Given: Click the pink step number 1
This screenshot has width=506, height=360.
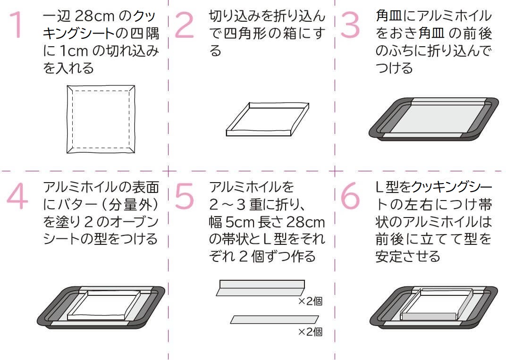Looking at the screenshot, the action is click(17, 25).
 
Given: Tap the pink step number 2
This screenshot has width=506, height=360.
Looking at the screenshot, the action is click(184, 25).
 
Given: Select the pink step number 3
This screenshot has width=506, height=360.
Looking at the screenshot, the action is click(350, 25).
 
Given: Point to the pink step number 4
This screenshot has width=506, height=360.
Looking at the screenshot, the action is click(17, 196).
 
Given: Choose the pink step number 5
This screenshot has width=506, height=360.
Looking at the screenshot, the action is click(184, 196).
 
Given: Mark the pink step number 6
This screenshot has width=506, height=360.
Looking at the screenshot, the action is click(350, 196).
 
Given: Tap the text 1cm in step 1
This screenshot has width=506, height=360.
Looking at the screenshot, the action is click(74, 51).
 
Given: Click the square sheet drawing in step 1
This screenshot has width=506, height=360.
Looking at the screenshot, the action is click(101, 119).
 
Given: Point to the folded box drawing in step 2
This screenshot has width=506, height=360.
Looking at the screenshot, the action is click(268, 119).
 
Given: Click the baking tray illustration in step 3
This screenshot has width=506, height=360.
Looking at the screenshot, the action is click(434, 119).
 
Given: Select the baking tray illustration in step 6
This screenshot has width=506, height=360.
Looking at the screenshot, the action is click(434, 307).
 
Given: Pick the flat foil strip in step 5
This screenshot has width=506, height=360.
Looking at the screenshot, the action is click(274, 319).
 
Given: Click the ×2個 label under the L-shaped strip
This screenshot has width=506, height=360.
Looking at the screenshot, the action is click(310, 301).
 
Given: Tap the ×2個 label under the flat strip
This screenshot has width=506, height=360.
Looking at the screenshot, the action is click(310, 332).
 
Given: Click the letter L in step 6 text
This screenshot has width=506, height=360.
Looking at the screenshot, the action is click(380, 187).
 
